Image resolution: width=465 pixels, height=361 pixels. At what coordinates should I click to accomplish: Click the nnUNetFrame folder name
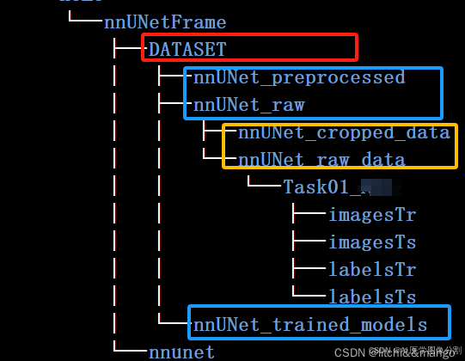click(x=165, y=21)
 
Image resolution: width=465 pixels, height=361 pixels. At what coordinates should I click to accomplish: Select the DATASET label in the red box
click(x=187, y=49)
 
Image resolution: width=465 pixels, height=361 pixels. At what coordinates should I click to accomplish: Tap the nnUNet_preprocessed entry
click(x=299, y=77)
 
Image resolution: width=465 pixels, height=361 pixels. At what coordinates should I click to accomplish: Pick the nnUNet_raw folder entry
click(x=249, y=106)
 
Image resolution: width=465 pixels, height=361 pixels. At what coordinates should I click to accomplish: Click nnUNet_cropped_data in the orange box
click(x=344, y=132)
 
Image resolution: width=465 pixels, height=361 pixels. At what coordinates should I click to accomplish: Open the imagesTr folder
click(x=372, y=214)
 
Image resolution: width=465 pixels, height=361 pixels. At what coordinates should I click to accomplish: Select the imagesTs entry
click(x=372, y=242)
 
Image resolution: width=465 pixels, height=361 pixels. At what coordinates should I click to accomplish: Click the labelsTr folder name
click(x=372, y=269)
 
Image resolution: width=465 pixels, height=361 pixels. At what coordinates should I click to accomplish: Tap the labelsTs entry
click(x=372, y=297)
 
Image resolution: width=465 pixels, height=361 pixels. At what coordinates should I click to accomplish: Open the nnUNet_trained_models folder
click(x=310, y=324)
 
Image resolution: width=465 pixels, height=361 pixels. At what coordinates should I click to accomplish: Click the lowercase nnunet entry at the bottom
click(x=181, y=351)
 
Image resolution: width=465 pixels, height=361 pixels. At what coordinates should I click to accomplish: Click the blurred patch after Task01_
click(x=376, y=186)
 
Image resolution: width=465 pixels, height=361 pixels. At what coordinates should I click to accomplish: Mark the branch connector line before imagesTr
click(x=308, y=214)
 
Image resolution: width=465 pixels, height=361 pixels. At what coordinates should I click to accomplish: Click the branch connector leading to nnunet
click(x=129, y=350)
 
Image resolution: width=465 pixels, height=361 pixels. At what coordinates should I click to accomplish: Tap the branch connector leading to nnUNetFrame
click(x=84, y=20)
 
